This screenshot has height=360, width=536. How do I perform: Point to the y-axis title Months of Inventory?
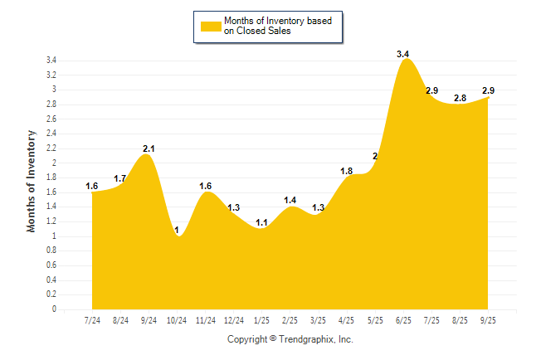[x=32, y=180]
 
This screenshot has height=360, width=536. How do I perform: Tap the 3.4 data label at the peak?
[x=403, y=54]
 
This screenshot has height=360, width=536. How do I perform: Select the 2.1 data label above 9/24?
[x=149, y=148]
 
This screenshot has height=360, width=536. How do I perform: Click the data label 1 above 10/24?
[x=178, y=230]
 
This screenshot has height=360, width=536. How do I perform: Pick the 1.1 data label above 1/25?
[x=262, y=222]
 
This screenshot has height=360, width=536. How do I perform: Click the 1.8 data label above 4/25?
[x=347, y=171]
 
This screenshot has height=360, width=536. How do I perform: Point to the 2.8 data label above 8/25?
[x=460, y=97]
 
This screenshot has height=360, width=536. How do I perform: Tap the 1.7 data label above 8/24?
[x=120, y=178]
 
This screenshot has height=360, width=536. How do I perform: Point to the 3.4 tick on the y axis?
[x=51, y=61]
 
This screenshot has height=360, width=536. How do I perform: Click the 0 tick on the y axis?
[x=54, y=309]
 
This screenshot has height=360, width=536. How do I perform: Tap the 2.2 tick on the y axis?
[x=51, y=148]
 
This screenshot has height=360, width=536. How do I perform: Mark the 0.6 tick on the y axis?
[x=51, y=265]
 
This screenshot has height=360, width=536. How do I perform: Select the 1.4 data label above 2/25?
[x=290, y=200]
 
